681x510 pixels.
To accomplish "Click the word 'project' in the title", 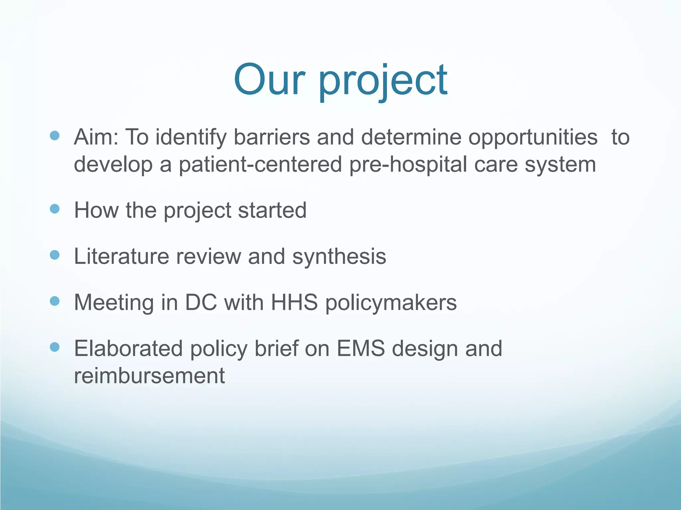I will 383,81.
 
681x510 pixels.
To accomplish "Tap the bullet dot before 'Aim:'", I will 55,135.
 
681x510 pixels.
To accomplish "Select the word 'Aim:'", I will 96,137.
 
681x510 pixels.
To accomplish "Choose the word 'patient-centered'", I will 260,164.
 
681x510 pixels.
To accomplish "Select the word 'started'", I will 272,210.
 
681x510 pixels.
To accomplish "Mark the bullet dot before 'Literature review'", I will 55,255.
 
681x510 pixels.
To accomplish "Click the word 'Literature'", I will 121,256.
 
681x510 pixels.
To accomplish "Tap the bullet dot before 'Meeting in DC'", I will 55,301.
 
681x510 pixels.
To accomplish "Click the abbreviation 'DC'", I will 201,302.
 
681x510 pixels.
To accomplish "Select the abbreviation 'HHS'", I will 294,302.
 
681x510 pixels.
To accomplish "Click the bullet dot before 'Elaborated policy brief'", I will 55,347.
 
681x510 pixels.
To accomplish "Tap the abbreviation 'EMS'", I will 360,349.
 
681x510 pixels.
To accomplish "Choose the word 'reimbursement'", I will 149,376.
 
